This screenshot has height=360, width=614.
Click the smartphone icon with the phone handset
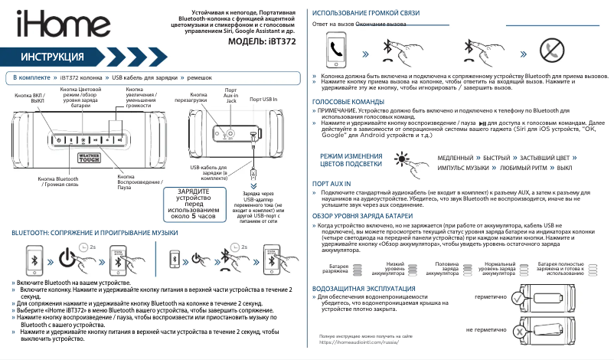point(336,51)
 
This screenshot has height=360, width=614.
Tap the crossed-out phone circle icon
point(550,51)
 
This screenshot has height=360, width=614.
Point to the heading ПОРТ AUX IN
point(332,184)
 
